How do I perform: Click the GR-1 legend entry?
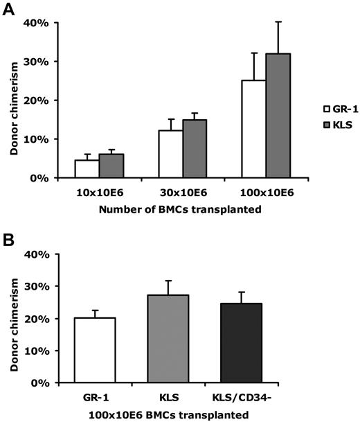[x=336, y=109]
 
